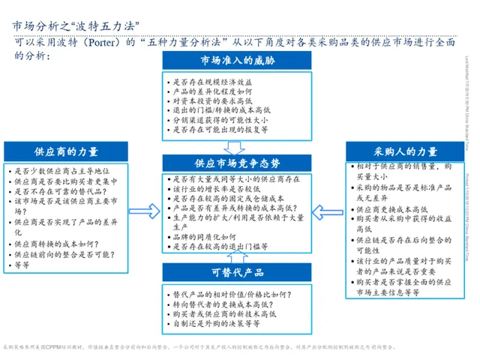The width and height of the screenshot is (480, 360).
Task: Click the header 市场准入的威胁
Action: (x=236, y=61)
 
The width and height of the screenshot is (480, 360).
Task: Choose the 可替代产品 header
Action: (x=236, y=271)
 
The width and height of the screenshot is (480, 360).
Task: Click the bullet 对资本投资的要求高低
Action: (x=209, y=100)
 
